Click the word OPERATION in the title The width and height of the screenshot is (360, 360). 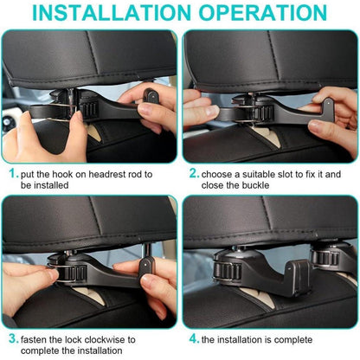[x=263, y=13]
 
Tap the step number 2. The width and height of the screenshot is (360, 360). [x=194, y=172]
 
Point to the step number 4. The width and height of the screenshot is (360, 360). [x=194, y=337]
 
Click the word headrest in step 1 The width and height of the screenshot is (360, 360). [x=113, y=173]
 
